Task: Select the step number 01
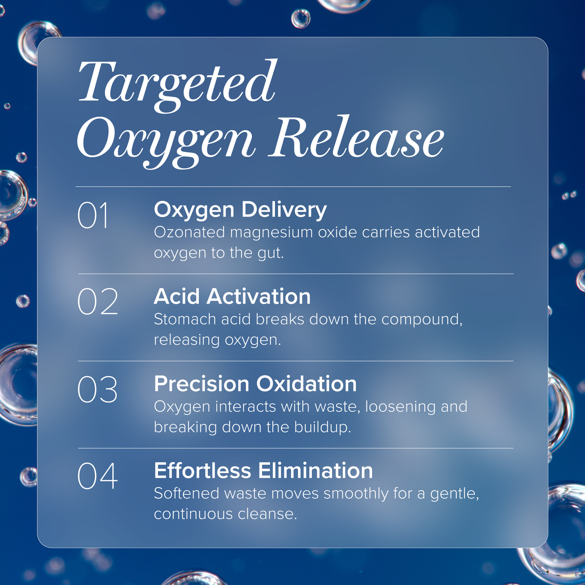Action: (93, 215)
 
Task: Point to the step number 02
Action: (98, 302)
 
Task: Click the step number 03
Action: (97, 389)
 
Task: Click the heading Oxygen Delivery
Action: (240, 211)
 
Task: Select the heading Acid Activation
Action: (232, 296)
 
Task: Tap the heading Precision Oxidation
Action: (255, 384)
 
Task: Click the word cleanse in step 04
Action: (267, 514)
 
